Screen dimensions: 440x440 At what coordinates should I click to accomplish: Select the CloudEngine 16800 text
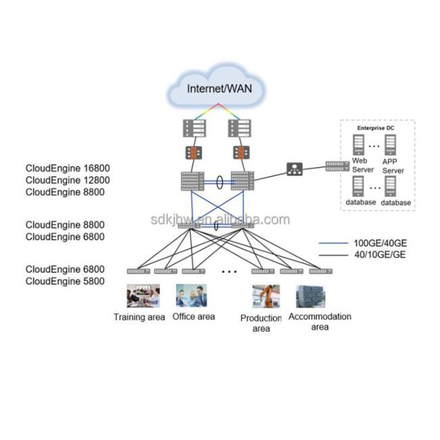pos(68,167)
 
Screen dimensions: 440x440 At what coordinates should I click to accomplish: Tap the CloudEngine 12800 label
pos(68,179)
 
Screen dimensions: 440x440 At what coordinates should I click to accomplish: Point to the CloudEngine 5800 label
pos(65,281)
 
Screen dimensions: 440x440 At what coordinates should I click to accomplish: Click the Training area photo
pos(144,296)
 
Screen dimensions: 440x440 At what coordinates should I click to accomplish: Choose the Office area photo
pos(192,296)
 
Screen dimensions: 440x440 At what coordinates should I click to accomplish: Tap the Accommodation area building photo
pos(310,296)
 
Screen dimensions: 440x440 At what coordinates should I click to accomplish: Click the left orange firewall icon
pos(192,152)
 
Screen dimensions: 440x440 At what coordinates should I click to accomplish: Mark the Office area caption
pos(194,316)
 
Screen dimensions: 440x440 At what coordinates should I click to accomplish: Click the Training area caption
pos(139,317)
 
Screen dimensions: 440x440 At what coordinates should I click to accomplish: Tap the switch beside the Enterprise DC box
pos(336,165)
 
